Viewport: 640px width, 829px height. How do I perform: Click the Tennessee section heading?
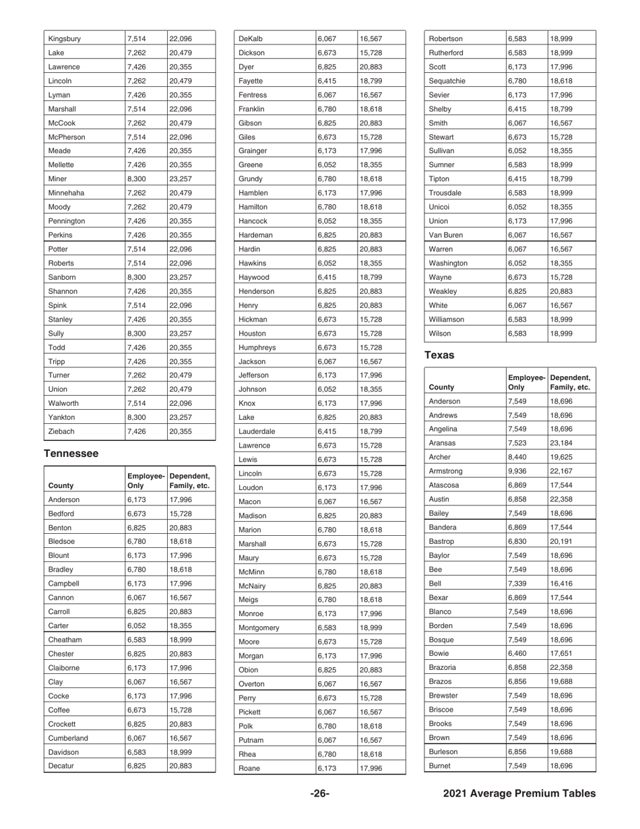(x=71, y=454)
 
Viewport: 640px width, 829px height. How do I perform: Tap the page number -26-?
(x=319, y=794)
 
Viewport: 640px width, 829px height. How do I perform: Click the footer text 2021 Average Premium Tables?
(x=519, y=794)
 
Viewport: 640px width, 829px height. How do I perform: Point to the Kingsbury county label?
(x=65, y=39)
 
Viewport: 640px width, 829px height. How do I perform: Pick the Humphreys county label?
(x=257, y=347)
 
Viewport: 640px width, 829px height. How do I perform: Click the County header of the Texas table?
(x=441, y=388)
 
